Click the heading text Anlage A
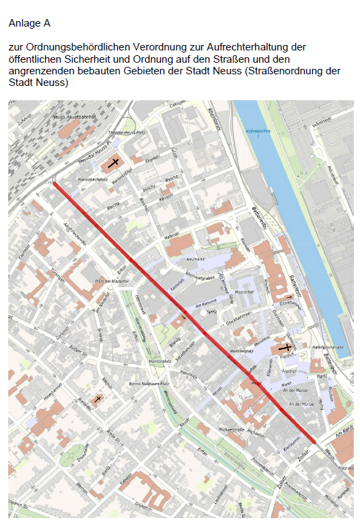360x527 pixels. (x=29, y=23)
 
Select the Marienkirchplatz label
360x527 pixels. (x=81, y=181)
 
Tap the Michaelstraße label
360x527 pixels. (x=232, y=430)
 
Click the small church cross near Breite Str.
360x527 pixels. (x=98, y=399)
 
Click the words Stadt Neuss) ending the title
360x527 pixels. (x=39, y=82)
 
